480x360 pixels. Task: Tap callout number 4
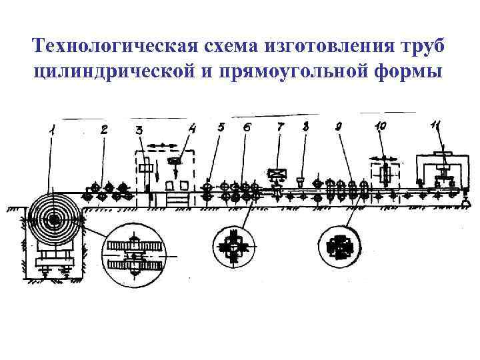193,127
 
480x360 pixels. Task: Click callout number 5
221,126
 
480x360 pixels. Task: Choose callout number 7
280,125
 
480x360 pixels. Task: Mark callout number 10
381,126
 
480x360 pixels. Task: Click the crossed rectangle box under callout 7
276,175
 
